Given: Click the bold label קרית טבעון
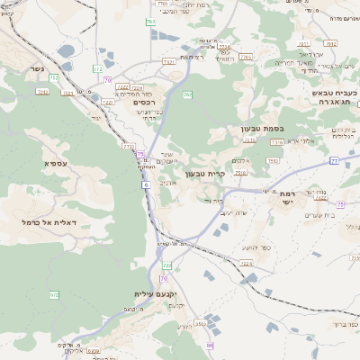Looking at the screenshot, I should pyautogui.click(x=203, y=174).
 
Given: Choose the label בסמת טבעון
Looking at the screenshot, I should pyautogui.click(x=261, y=129).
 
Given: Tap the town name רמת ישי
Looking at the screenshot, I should pyautogui.click(x=289, y=198).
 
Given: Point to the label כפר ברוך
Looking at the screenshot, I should pyautogui.click(x=343, y=322).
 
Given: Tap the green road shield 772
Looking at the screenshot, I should pyautogui.click(x=128, y=146).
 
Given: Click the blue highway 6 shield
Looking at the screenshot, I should pyautogui.click(x=144, y=184).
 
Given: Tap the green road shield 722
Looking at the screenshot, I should pyautogui.click(x=166, y=265).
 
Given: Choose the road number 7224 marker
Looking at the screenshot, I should pyautogui.click(x=224, y=47).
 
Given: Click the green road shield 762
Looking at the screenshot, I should pyautogui.click(x=187, y=94).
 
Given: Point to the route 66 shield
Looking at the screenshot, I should pyautogui.click(x=210, y=346).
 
